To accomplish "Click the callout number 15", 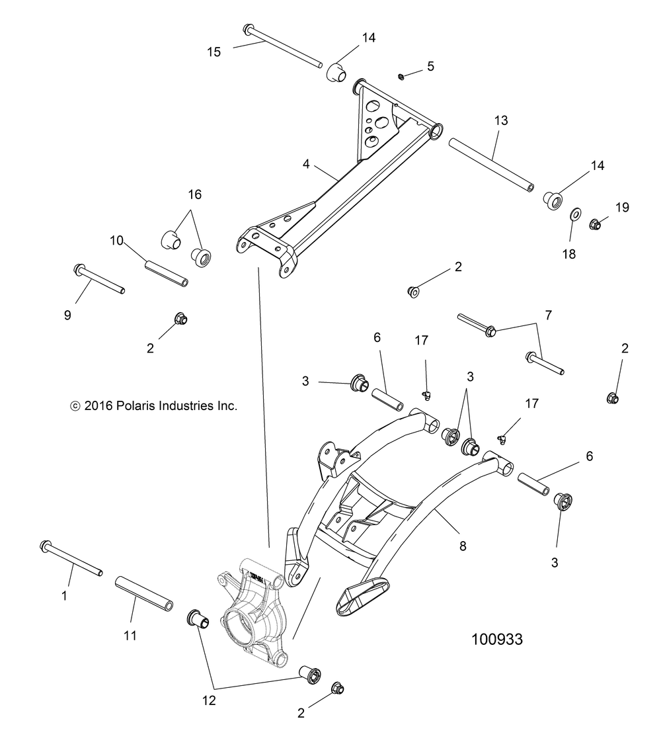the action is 214,52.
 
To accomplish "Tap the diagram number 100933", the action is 496,640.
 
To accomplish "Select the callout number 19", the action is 622,207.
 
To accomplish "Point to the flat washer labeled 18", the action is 575,214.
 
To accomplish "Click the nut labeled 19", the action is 595,224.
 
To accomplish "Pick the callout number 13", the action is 501,120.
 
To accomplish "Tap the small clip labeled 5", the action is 401,76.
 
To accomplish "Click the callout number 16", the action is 194,194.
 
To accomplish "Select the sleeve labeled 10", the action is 167,273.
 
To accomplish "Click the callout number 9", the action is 67,315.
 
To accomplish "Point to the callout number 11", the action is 130,636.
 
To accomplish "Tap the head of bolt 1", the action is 46,546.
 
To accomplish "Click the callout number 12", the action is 209,700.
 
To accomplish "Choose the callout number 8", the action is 463,546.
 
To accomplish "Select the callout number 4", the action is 306,165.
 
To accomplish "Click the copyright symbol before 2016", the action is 75,407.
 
